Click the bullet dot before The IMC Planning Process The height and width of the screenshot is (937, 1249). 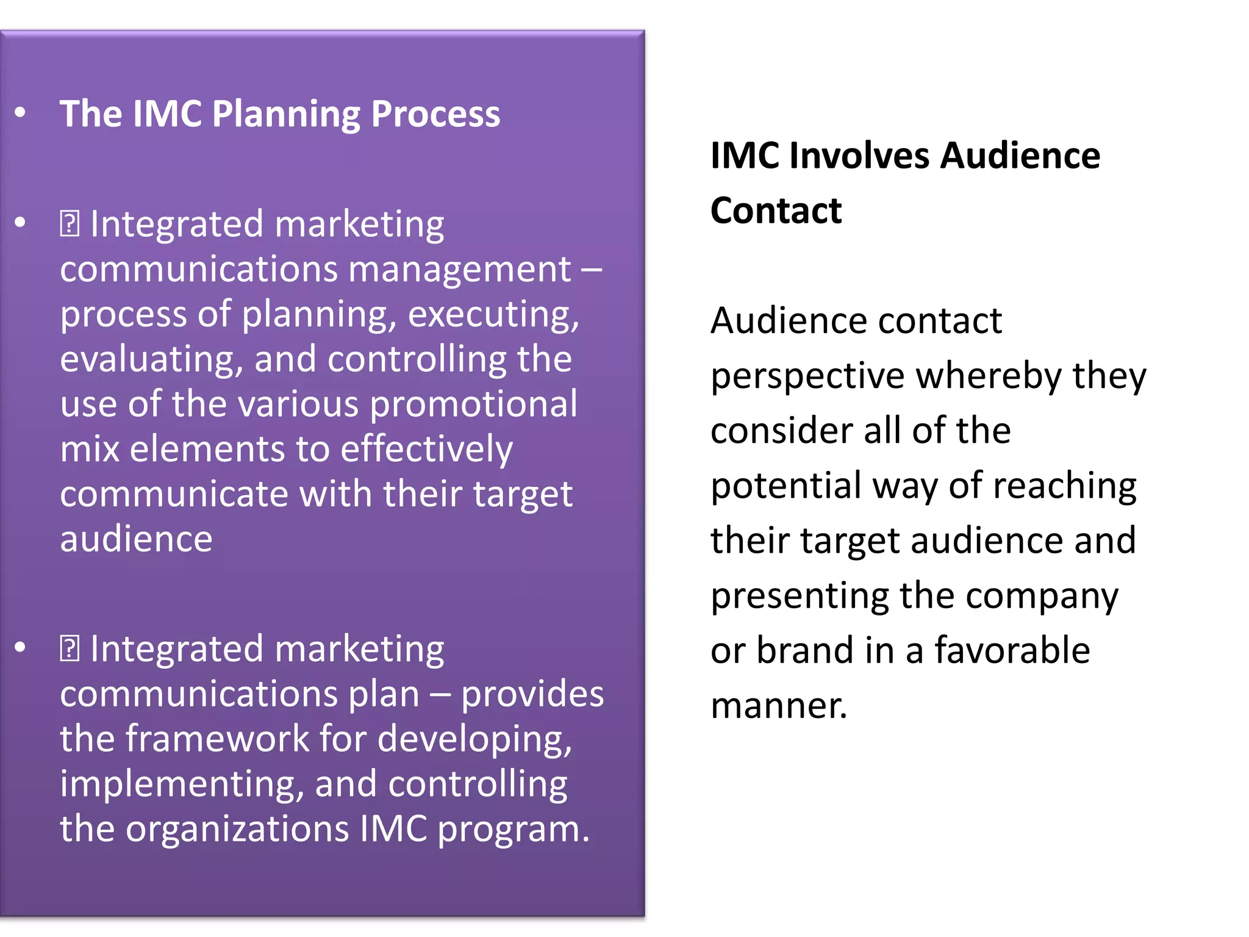pos(21,113)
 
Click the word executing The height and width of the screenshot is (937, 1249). pos(493,315)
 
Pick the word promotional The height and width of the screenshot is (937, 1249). pos(473,404)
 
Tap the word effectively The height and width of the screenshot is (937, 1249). pos(426,450)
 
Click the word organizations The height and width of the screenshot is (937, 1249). pos(237,829)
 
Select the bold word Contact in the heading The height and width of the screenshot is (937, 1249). pos(776,211)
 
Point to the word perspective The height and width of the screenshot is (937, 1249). pos(807,377)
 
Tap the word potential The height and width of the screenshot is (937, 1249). pos(786,487)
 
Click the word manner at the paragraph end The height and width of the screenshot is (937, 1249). pos(778,706)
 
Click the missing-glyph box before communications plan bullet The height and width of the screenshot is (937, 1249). pos(70,648)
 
